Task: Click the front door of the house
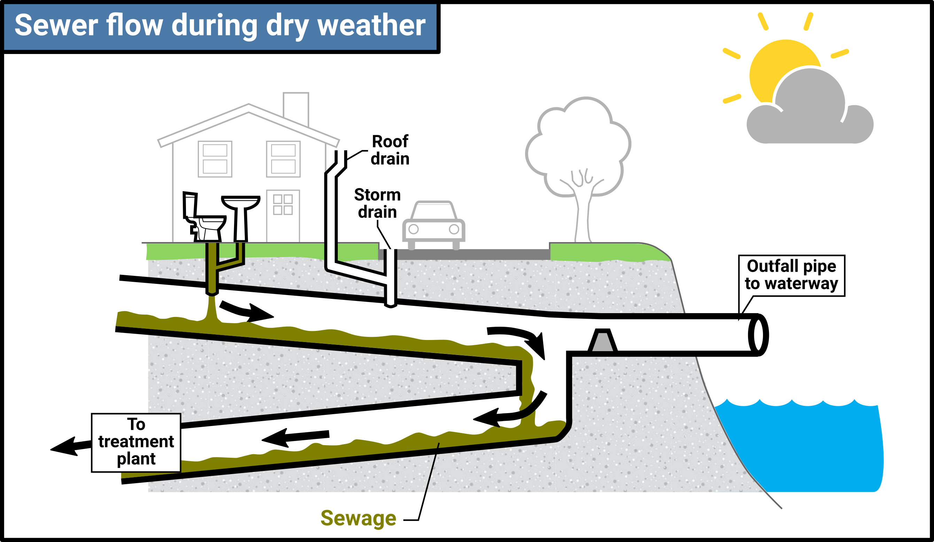coord(283,216)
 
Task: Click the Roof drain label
coord(390,150)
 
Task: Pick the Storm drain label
coord(377,203)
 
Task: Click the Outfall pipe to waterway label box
coord(792,276)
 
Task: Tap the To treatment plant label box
coord(136,443)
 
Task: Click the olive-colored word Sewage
coord(358,518)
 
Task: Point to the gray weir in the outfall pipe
coord(602,340)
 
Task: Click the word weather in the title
coord(371,25)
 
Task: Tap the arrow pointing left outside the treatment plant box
coord(70,446)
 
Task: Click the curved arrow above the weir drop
coord(519,339)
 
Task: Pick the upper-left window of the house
coord(215,159)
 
